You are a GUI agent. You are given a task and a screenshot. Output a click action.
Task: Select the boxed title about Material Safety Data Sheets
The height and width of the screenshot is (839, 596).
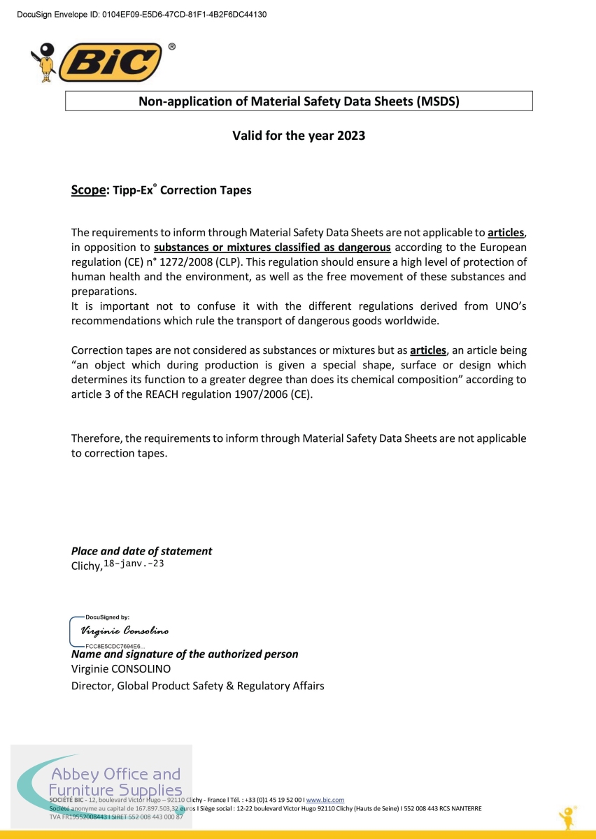coord(299,101)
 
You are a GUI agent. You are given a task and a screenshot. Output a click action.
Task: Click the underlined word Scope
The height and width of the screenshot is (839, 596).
coord(87,190)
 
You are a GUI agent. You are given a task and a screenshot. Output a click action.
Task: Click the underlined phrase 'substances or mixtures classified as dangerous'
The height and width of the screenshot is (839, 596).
coord(272,248)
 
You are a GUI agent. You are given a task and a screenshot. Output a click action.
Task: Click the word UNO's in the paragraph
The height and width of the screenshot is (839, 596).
coord(504,306)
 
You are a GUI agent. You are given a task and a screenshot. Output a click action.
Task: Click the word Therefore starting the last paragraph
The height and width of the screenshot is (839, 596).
coord(97,438)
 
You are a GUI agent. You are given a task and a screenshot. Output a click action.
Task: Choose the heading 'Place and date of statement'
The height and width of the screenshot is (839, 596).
coord(141,551)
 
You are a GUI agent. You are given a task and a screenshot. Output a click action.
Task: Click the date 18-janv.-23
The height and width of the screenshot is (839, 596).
coord(134,564)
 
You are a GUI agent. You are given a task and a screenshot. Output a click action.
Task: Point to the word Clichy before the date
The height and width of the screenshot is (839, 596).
coord(87,566)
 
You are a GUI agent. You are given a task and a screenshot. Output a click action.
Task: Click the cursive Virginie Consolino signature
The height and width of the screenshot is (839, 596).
coord(125,631)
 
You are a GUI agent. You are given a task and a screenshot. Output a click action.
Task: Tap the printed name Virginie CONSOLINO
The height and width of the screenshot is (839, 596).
coord(121,669)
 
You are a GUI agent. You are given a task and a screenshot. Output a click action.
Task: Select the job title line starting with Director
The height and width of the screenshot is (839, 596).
coord(197,686)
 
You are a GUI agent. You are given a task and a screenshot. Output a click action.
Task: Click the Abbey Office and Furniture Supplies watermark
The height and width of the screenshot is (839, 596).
coord(115,782)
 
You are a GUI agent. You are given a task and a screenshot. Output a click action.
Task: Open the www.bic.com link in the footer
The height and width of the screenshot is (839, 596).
coord(325,799)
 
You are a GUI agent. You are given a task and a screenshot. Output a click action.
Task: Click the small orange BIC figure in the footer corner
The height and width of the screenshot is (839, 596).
coord(567,817)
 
